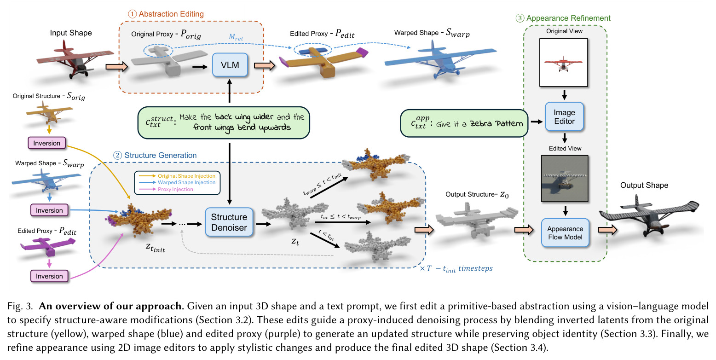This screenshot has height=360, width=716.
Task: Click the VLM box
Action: [x=230, y=65]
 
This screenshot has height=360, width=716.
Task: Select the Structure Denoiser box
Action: [x=229, y=222]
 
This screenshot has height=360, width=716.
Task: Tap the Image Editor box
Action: [x=564, y=116]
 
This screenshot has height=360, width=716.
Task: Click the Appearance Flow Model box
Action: [x=565, y=233]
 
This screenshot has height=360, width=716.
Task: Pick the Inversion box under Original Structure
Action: [x=46, y=143]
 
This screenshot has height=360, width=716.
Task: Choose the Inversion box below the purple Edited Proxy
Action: [x=49, y=276]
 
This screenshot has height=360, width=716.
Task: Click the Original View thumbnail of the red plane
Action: [x=564, y=62]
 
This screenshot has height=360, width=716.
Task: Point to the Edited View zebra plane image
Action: [x=565, y=179]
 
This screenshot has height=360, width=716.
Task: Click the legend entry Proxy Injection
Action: [x=175, y=189]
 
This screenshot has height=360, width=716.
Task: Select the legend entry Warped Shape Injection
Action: [x=186, y=182]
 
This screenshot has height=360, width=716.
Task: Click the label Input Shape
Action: [x=71, y=33]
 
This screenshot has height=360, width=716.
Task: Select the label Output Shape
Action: [x=644, y=185]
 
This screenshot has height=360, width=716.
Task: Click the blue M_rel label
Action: [x=236, y=37]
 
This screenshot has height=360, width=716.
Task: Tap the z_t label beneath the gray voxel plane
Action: [x=295, y=242]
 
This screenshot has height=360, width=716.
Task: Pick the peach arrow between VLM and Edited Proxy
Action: [x=265, y=65]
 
